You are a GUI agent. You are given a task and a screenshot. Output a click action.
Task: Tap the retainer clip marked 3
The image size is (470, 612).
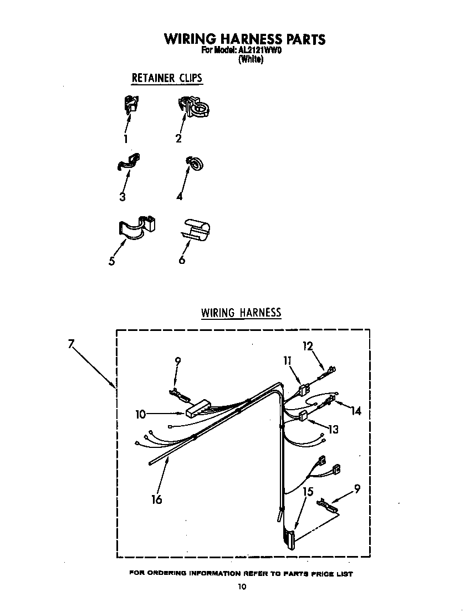point(129,162)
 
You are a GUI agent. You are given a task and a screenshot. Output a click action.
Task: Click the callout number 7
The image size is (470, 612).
point(71,344)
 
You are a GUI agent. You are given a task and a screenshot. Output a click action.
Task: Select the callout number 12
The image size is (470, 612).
point(308,346)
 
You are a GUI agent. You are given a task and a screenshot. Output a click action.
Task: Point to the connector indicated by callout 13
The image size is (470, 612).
point(304,416)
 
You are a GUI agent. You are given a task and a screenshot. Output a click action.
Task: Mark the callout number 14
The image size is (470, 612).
point(355,411)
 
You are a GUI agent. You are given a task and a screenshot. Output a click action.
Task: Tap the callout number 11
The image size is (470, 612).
point(287,360)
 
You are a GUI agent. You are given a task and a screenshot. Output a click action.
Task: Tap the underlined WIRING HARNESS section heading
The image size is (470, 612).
point(241,313)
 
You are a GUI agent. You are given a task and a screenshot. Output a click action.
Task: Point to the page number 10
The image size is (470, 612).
point(241,586)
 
